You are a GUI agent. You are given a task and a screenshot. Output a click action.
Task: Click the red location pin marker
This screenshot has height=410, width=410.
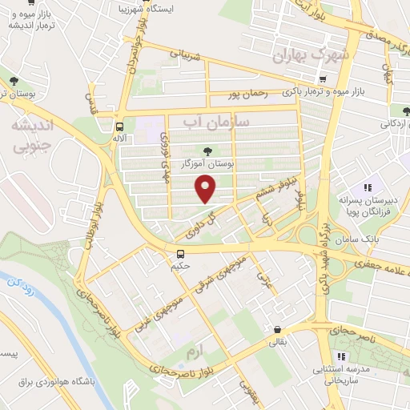[x=206, y=189]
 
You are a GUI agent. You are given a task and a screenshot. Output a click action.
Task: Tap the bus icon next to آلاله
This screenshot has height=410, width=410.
[x=119, y=127]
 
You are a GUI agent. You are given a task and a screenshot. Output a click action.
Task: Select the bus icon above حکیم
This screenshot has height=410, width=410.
[x=181, y=254]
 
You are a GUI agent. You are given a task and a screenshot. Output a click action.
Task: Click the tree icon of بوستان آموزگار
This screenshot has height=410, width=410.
[x=208, y=150]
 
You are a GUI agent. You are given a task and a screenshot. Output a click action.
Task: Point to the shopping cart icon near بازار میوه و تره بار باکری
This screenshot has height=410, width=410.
[x=322, y=79]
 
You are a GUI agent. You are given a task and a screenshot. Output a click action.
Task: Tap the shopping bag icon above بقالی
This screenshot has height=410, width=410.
[x=277, y=329]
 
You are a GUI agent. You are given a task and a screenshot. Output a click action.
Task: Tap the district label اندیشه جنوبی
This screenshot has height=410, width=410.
[x=30, y=136]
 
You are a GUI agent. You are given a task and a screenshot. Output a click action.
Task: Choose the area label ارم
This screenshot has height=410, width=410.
[x=191, y=352]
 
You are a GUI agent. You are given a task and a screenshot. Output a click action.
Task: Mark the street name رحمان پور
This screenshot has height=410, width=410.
[x=245, y=94]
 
